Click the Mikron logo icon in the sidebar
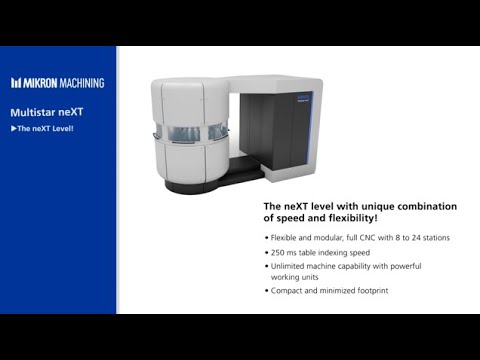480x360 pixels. (x=16, y=83)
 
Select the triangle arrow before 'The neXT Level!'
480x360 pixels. (x=12, y=129)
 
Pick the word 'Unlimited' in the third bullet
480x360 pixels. (x=289, y=266)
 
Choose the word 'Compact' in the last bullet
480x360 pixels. (x=288, y=290)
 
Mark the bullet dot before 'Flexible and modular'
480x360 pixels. (x=267, y=238)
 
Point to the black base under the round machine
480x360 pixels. (x=200, y=185)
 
